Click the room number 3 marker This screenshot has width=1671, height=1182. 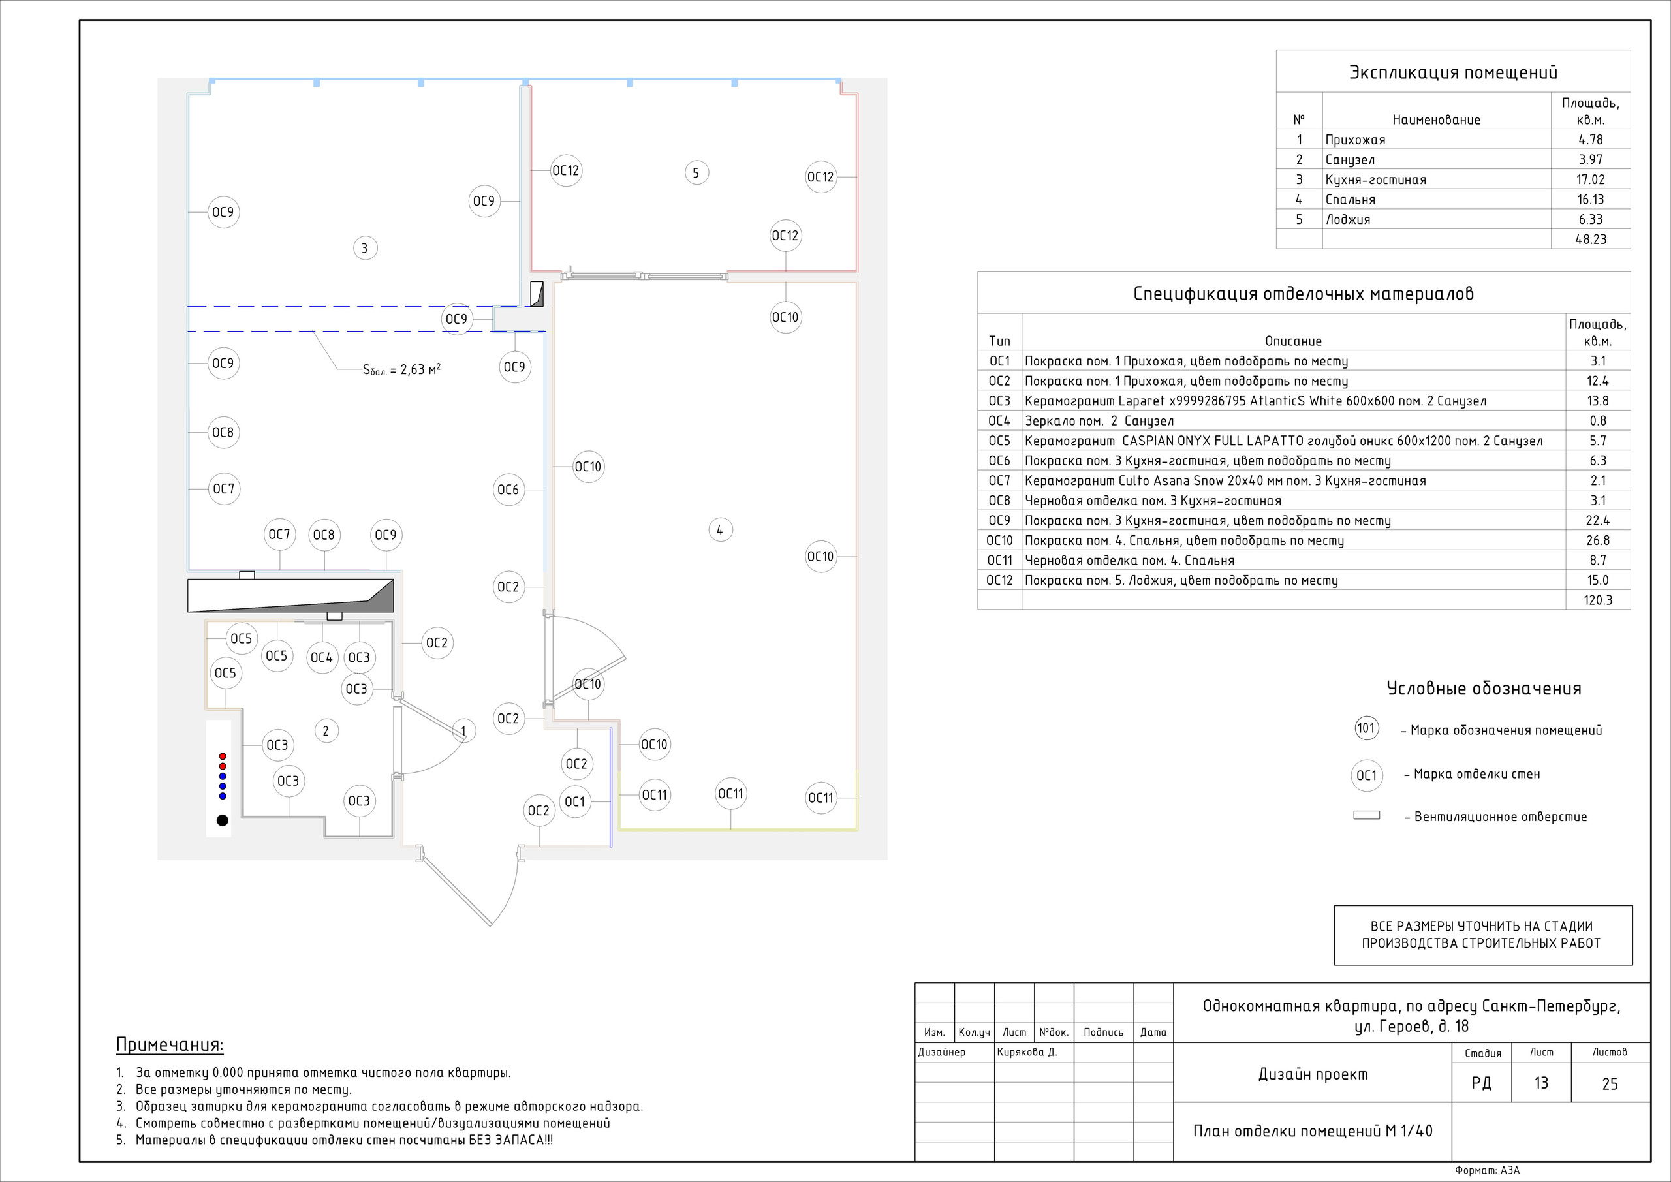365,248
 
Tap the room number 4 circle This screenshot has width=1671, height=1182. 720,530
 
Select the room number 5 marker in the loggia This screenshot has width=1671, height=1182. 696,172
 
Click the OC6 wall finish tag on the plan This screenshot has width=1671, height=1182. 508,490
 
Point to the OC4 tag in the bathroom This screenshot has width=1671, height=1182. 322,658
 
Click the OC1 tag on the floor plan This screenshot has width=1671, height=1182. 575,801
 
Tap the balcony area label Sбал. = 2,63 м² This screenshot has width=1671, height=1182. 401,369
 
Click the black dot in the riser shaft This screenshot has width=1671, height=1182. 223,820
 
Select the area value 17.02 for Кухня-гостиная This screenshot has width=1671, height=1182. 1591,179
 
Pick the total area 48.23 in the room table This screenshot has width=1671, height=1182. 1591,239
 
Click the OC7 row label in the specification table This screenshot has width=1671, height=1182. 999,480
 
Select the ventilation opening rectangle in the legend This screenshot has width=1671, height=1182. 1367,815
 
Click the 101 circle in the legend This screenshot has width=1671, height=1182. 1367,728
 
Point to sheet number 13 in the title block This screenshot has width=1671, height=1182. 1542,1083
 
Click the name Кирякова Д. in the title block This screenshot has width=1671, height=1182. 1027,1051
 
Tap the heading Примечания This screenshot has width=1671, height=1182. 170,1045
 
